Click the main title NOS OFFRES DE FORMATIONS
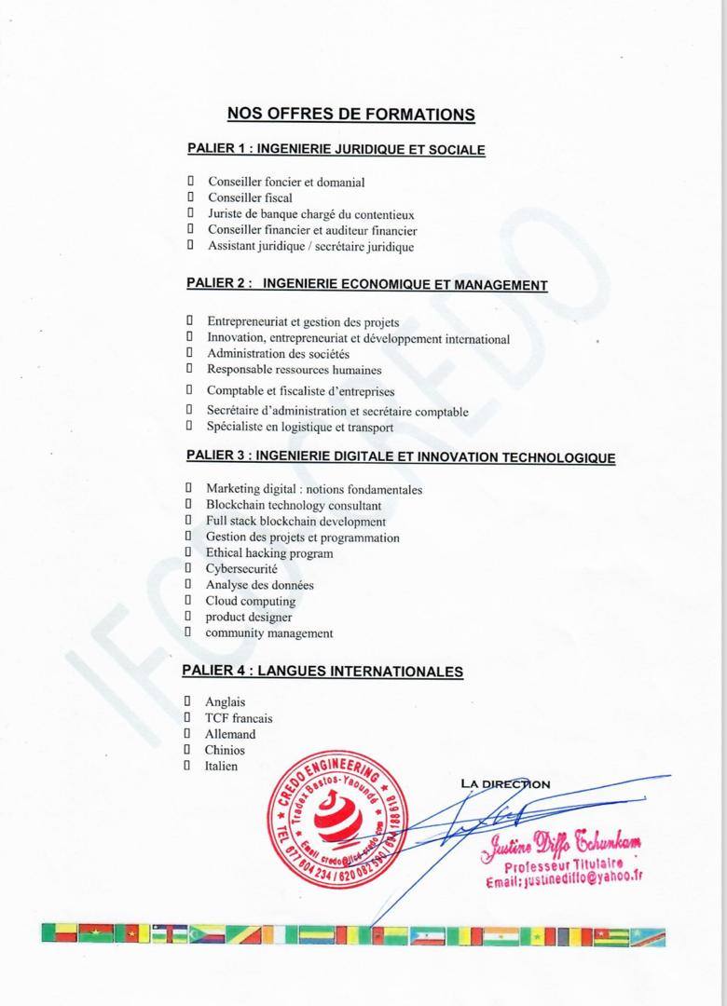point(351,115)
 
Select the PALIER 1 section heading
point(336,149)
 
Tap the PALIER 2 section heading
point(366,284)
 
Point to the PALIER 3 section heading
point(400,456)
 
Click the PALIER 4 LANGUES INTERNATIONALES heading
point(322,671)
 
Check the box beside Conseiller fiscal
point(189,197)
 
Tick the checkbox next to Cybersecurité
point(187,568)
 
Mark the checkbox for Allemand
point(186,734)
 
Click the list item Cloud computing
point(251,601)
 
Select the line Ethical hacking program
point(269,553)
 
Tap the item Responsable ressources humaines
point(281,370)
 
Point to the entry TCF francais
point(239,718)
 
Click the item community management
point(269,633)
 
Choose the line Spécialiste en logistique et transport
point(300,428)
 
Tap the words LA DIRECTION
point(506,783)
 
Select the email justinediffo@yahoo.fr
point(564,878)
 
